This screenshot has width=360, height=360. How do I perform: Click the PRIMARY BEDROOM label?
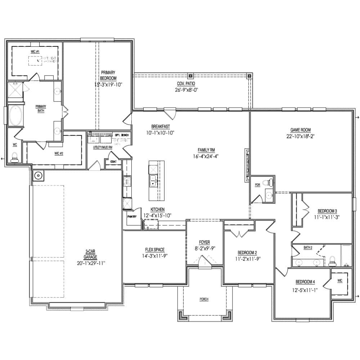[x=108, y=75]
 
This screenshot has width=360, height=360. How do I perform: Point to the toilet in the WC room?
[x=15, y=157]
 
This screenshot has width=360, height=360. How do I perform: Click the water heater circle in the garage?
[x=38, y=176]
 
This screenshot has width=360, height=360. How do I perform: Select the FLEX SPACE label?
[x=155, y=250]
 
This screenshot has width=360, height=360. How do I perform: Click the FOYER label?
[x=204, y=242]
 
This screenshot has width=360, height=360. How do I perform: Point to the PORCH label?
[x=204, y=299]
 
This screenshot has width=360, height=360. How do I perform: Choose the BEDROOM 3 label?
[x=327, y=211]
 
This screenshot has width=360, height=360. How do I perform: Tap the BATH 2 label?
[x=308, y=248]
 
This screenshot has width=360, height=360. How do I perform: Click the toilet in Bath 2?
[x=332, y=260]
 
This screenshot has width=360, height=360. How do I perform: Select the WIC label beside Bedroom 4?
[x=339, y=280]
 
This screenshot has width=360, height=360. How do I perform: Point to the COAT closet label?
[x=113, y=162]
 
